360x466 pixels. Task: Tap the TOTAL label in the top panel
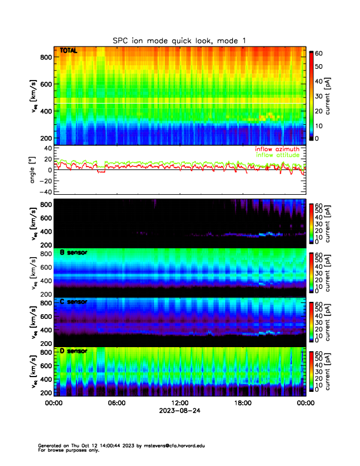pos(69,51)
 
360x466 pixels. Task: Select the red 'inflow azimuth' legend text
pos(277,149)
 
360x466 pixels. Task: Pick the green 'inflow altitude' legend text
pos(277,155)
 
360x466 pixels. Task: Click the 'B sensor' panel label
pos(74,252)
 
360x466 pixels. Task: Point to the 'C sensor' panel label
pos(74,302)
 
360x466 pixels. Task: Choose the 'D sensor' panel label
pos(74,351)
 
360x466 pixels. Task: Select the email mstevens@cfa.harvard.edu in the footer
pos(171,445)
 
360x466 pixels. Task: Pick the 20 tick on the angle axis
pos(46,159)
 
